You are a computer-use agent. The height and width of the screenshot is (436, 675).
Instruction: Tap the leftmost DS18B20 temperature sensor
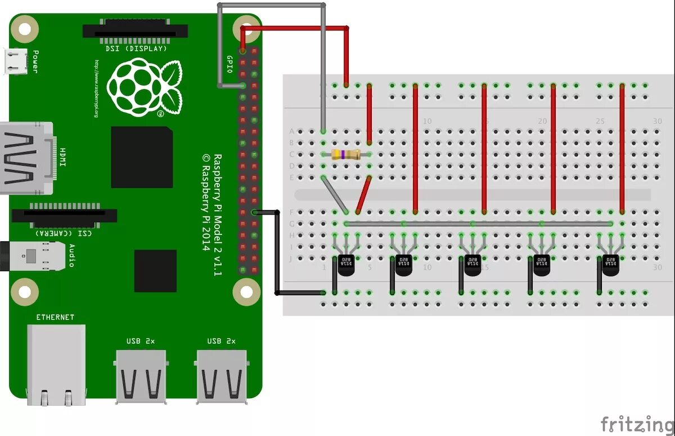345,265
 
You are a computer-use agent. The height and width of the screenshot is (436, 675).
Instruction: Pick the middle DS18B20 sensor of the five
472,265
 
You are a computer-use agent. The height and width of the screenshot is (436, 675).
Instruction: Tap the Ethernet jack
56,363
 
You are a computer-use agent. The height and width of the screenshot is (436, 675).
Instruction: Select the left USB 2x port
141,376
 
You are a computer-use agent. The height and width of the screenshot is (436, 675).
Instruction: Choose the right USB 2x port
222,376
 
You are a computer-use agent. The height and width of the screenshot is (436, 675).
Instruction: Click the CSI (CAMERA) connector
64,215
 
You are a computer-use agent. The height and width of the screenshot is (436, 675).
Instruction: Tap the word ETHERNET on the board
55,318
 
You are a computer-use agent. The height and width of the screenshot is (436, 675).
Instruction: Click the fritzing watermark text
637,424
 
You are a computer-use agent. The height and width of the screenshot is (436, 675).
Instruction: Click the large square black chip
142,157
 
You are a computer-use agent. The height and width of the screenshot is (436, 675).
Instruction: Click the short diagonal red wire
363,195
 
